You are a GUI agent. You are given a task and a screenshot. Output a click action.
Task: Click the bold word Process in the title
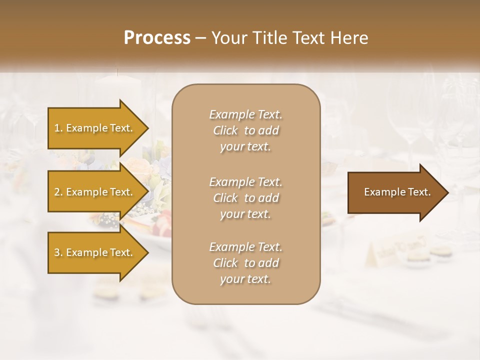157,38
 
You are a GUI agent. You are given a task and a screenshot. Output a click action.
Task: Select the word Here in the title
348,38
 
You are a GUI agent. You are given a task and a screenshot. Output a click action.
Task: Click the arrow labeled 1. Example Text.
95,128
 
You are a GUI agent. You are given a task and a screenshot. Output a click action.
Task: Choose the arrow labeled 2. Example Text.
95,192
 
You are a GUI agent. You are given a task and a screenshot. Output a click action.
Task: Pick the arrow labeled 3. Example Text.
95,252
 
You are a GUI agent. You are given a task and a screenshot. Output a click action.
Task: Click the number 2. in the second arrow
58,192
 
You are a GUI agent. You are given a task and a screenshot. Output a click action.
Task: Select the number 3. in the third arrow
58,252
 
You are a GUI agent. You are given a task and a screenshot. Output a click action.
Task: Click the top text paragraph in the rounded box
245,130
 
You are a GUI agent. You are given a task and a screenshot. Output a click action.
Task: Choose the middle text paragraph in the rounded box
245,197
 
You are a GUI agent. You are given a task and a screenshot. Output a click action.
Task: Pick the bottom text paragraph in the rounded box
245,263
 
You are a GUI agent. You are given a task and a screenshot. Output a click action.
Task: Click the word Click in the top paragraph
225,130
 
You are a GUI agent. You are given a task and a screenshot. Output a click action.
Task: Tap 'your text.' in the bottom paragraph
245,279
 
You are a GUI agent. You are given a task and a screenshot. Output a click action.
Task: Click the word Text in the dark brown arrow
420,192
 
